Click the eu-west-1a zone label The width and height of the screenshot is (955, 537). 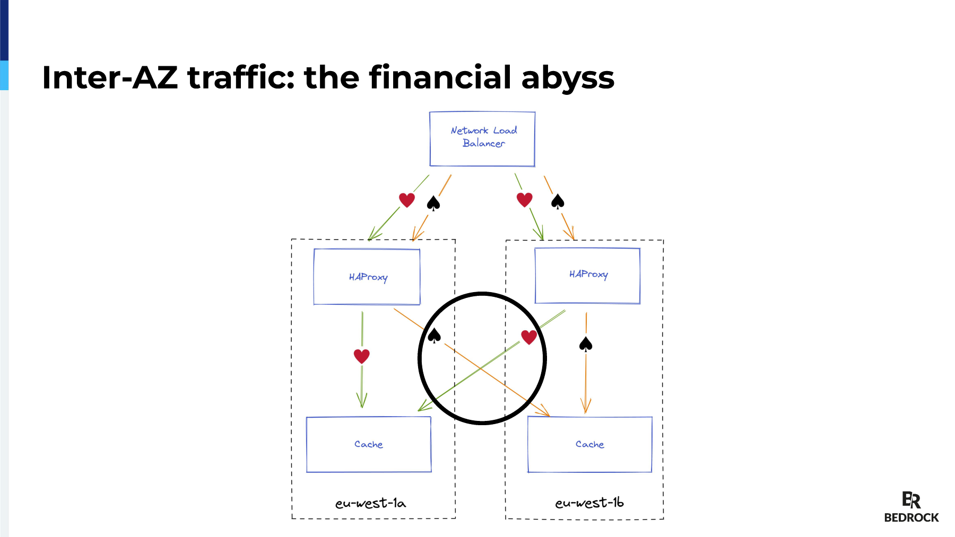(x=370, y=503)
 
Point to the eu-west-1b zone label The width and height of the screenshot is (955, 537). (x=589, y=502)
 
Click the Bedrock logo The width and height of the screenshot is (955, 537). (x=911, y=507)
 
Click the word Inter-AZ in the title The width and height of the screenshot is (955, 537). (x=110, y=77)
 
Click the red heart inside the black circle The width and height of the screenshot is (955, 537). (x=529, y=337)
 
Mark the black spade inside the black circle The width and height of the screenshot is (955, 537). (x=434, y=336)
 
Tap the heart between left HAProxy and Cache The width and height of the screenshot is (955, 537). (x=362, y=356)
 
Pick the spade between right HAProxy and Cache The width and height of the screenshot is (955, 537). (x=586, y=345)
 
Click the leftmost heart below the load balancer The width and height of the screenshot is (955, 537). (x=407, y=200)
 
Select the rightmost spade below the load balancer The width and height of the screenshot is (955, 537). (x=558, y=201)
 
